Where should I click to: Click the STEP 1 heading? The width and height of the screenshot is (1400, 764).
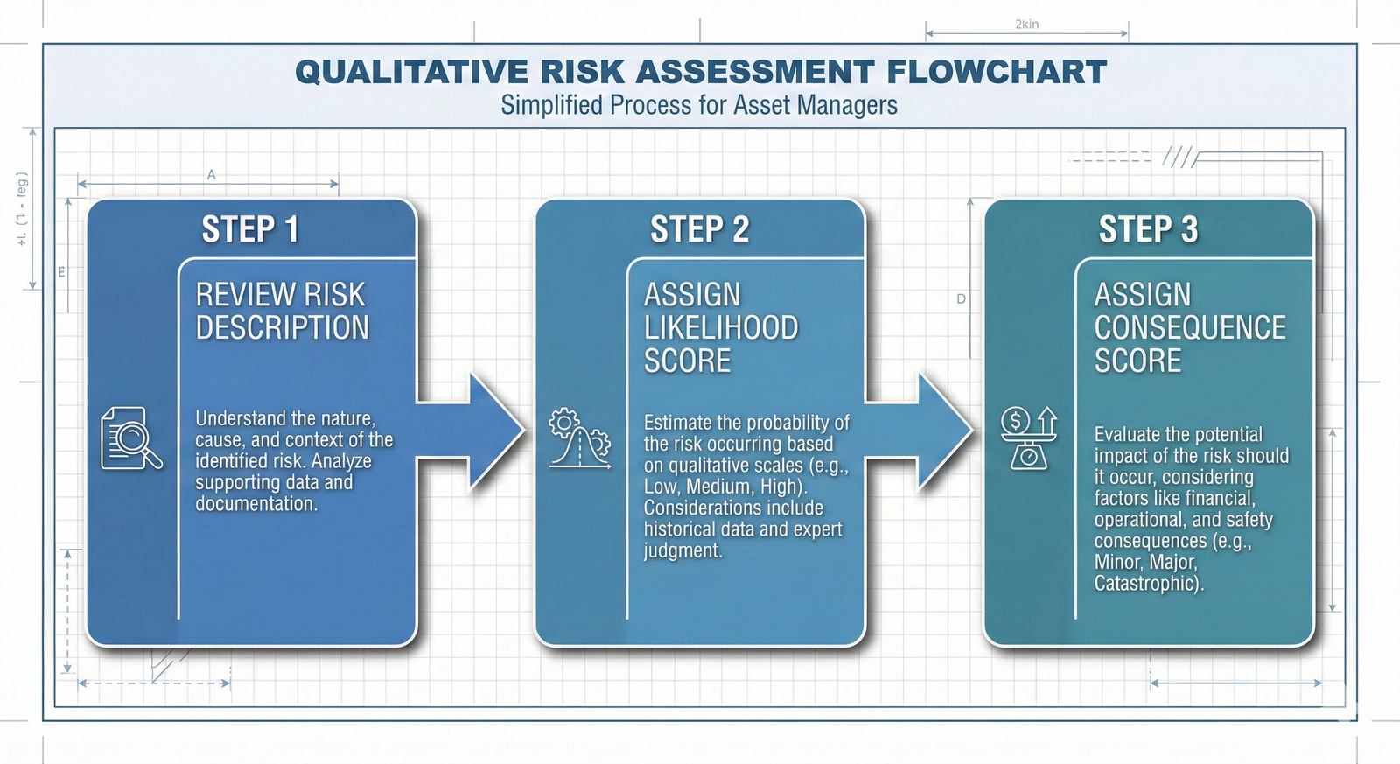point(250,229)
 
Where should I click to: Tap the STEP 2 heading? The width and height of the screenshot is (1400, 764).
point(699,229)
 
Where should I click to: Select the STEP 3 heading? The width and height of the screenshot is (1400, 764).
point(1148,229)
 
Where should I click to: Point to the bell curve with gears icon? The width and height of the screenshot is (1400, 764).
point(579,438)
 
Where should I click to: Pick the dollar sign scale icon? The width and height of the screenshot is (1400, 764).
point(1029,438)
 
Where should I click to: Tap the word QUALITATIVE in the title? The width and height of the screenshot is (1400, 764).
point(411,72)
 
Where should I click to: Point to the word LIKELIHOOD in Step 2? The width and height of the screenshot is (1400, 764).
point(721,328)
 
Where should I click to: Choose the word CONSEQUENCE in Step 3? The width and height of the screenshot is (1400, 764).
point(1190,328)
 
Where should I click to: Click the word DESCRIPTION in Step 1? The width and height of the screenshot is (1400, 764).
point(282,328)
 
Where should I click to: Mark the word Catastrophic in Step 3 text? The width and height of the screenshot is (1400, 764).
point(1147,583)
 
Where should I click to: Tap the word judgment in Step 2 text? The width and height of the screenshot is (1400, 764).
point(682,550)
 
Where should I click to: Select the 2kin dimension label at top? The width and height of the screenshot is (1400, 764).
point(1027,24)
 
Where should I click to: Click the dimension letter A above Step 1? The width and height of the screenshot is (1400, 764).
point(211,175)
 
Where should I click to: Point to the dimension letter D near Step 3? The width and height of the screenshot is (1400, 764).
point(961,299)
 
